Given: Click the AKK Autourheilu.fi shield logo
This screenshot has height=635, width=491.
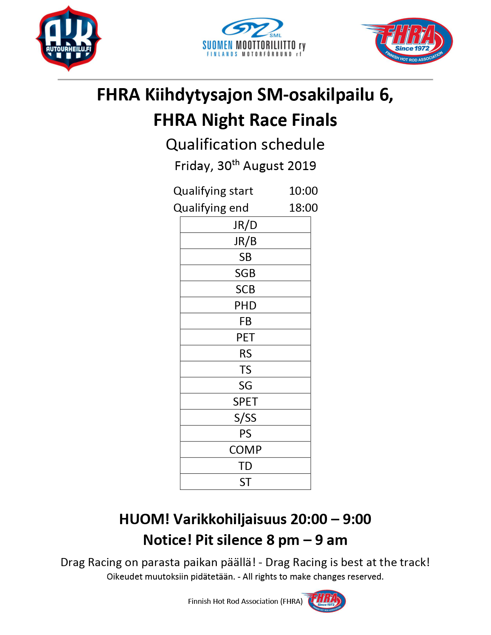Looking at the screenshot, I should (69, 38).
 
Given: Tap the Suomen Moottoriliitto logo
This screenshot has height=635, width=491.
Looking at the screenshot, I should (254, 38).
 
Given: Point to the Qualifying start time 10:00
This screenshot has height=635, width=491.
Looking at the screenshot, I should (303, 191).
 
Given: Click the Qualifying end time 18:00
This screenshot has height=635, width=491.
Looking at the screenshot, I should (303, 208).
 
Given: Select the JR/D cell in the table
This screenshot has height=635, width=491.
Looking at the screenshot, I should (245, 225).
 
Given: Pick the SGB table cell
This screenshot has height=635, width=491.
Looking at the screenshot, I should (245, 273).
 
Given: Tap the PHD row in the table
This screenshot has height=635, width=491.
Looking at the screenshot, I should (245, 306).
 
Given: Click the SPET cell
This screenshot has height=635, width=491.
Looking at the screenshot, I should (245, 402).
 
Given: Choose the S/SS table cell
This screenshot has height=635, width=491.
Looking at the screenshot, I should (245, 418).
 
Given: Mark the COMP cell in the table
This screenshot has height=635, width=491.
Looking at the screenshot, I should (245, 450).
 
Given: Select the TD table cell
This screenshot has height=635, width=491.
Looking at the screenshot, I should (245, 466).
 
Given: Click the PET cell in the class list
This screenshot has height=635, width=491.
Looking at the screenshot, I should (245, 338).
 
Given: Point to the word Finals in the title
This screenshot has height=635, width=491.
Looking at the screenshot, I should (314, 120).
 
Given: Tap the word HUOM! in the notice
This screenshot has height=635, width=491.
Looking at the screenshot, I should (144, 519).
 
